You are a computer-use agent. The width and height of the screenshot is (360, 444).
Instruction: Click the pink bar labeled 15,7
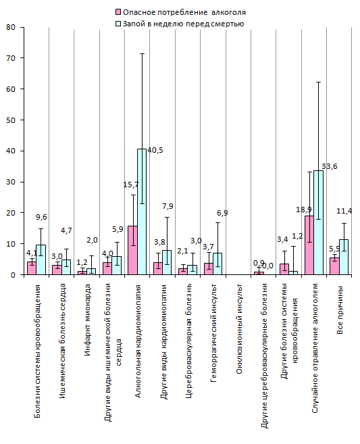[133, 250]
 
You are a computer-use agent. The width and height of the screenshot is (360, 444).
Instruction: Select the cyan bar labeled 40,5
[142, 212]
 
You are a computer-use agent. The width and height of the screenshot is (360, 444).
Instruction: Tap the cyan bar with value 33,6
[318, 222]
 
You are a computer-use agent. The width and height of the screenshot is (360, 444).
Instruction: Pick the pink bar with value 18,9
[309, 245]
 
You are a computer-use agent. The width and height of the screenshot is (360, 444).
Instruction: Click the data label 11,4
[344, 211]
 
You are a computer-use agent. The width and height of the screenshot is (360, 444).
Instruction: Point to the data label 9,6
[41, 217]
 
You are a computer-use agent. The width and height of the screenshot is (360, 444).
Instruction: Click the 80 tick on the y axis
[11, 27]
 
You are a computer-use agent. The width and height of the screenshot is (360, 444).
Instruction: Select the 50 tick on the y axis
[11, 120]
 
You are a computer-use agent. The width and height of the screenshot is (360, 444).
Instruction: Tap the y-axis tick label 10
[11, 244]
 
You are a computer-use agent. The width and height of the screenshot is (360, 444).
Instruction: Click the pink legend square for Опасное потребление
[118, 12]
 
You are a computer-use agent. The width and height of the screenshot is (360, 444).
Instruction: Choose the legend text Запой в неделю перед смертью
[184, 24]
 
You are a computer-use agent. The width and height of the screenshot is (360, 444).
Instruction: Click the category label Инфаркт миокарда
[88, 320]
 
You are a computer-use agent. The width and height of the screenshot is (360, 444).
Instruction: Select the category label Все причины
[340, 310]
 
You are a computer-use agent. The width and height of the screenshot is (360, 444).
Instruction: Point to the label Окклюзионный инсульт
[239, 329]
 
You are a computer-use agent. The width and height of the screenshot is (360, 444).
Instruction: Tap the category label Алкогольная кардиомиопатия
[138, 341]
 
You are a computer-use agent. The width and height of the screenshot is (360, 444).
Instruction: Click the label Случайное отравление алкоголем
[315, 348]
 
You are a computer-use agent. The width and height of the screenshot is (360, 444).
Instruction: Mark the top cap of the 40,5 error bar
[142, 53]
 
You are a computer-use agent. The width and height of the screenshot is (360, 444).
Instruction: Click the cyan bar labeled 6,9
[217, 264]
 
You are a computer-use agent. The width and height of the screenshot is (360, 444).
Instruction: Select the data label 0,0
[267, 266]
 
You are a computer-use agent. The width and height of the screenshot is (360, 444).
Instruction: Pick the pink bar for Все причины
[334, 266]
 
